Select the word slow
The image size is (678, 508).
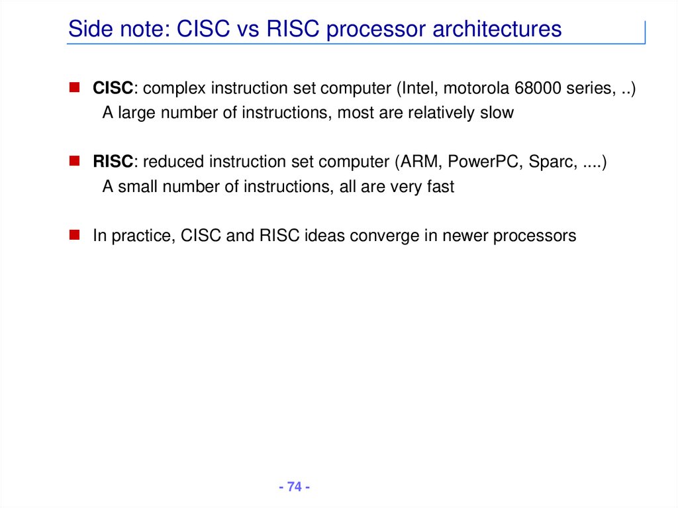[497, 113]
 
